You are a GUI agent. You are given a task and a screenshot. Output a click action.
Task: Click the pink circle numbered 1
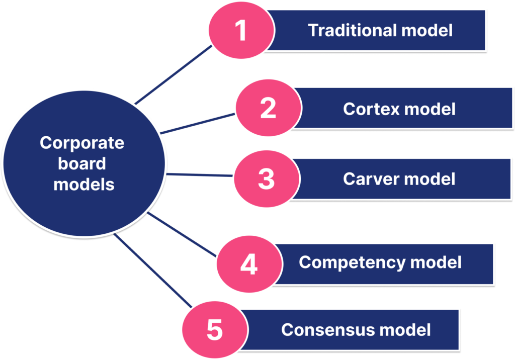241,30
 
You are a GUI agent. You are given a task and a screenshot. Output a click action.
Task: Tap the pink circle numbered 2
269,108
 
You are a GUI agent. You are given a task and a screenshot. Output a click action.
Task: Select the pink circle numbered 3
267,179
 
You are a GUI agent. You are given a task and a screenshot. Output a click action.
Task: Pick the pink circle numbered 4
249,264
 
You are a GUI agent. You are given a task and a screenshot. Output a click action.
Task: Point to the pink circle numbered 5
215,330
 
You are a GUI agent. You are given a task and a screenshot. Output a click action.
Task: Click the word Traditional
353,30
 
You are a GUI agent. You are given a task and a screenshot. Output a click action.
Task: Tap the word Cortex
371,109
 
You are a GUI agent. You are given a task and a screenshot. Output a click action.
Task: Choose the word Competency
352,262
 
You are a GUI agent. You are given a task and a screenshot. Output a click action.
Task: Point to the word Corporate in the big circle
82,143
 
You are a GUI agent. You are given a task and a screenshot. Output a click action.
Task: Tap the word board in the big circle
82,163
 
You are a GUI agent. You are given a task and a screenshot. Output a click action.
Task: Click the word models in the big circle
84,185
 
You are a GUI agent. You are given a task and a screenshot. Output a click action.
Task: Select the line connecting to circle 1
174,75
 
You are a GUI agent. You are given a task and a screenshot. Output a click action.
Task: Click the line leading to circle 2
198,124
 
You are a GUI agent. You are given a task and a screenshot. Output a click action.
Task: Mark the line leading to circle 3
200,175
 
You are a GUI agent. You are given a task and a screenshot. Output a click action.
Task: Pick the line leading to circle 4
182,234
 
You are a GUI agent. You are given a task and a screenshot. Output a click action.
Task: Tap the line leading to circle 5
153,271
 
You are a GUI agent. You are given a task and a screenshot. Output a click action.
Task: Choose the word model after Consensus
405,330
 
